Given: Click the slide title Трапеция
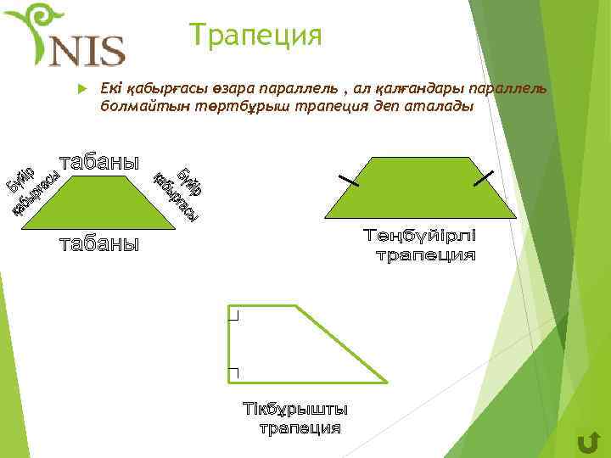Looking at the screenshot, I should pos(256,36).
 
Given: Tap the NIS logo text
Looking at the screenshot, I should pos(87,51).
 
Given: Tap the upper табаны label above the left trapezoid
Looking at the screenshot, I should pos(98,161).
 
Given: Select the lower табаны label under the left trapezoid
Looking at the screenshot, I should pos(98,244).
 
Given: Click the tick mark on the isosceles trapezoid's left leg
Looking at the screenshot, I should pos(348,180).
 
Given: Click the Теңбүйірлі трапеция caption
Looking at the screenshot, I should pos(421,244).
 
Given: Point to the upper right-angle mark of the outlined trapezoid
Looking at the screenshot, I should pos(234,316).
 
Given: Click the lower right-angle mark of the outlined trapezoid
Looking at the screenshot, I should pos(234,372).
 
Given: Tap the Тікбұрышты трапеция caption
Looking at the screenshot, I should pos(296,418).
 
